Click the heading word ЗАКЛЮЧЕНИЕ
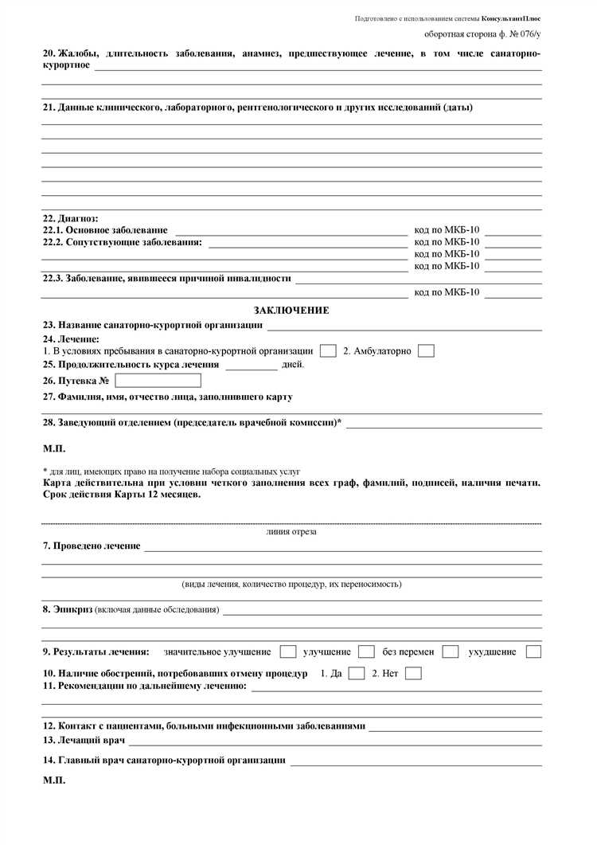[x=291, y=311]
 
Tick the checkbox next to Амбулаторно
[x=426, y=351]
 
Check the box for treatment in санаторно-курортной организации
[x=327, y=351]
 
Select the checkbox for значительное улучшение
[x=288, y=651]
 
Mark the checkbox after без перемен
[x=451, y=651]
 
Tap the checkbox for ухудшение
[x=533, y=651]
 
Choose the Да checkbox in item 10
[x=357, y=673]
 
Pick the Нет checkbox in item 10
[x=413, y=673]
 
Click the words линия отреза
[x=291, y=532]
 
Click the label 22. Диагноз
[x=70, y=218]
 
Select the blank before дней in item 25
[x=252, y=366]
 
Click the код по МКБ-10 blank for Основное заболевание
[x=513, y=231]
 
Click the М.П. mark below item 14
[x=54, y=780]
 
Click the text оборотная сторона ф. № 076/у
[x=482, y=35]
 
